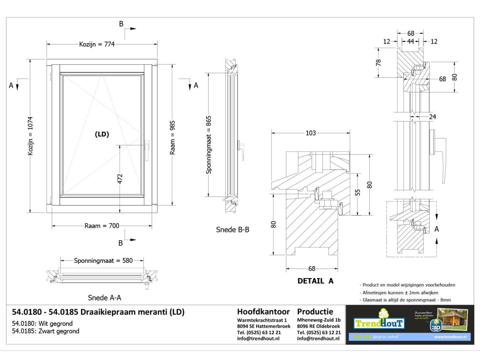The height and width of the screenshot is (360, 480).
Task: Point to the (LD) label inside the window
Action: pyautogui.click(x=102, y=134)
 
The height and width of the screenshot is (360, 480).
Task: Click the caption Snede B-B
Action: pyautogui.click(x=233, y=229)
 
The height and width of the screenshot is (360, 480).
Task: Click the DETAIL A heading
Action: pyautogui.click(x=315, y=281)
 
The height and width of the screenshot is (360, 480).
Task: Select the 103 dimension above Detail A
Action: pyautogui.click(x=310, y=133)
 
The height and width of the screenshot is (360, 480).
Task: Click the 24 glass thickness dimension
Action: pyautogui.click(x=432, y=117)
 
